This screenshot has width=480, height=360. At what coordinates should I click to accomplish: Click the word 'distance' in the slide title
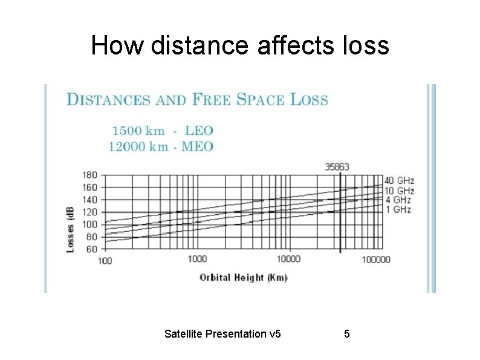[x=200, y=45]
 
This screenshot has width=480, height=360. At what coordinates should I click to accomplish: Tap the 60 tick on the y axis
[x=91, y=249]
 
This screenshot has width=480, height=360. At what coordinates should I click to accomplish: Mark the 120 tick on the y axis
[x=89, y=212]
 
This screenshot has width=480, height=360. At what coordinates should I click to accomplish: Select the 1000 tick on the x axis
[x=197, y=259]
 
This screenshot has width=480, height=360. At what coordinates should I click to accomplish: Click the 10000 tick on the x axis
[x=288, y=259]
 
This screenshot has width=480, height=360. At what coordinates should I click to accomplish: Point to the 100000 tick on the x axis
[x=376, y=260]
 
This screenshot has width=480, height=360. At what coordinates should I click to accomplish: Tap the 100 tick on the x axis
[x=105, y=261]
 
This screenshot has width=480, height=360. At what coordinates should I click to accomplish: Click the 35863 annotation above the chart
[x=337, y=166]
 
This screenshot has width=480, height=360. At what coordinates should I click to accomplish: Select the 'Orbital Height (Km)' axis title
[x=244, y=277]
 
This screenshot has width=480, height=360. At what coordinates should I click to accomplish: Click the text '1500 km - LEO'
[x=162, y=131]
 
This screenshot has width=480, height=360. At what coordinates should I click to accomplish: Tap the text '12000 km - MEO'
[x=161, y=146]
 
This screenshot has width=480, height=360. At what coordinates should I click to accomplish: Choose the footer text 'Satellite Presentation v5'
[x=222, y=333]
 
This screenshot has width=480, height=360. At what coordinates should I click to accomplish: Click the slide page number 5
[x=346, y=333]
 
